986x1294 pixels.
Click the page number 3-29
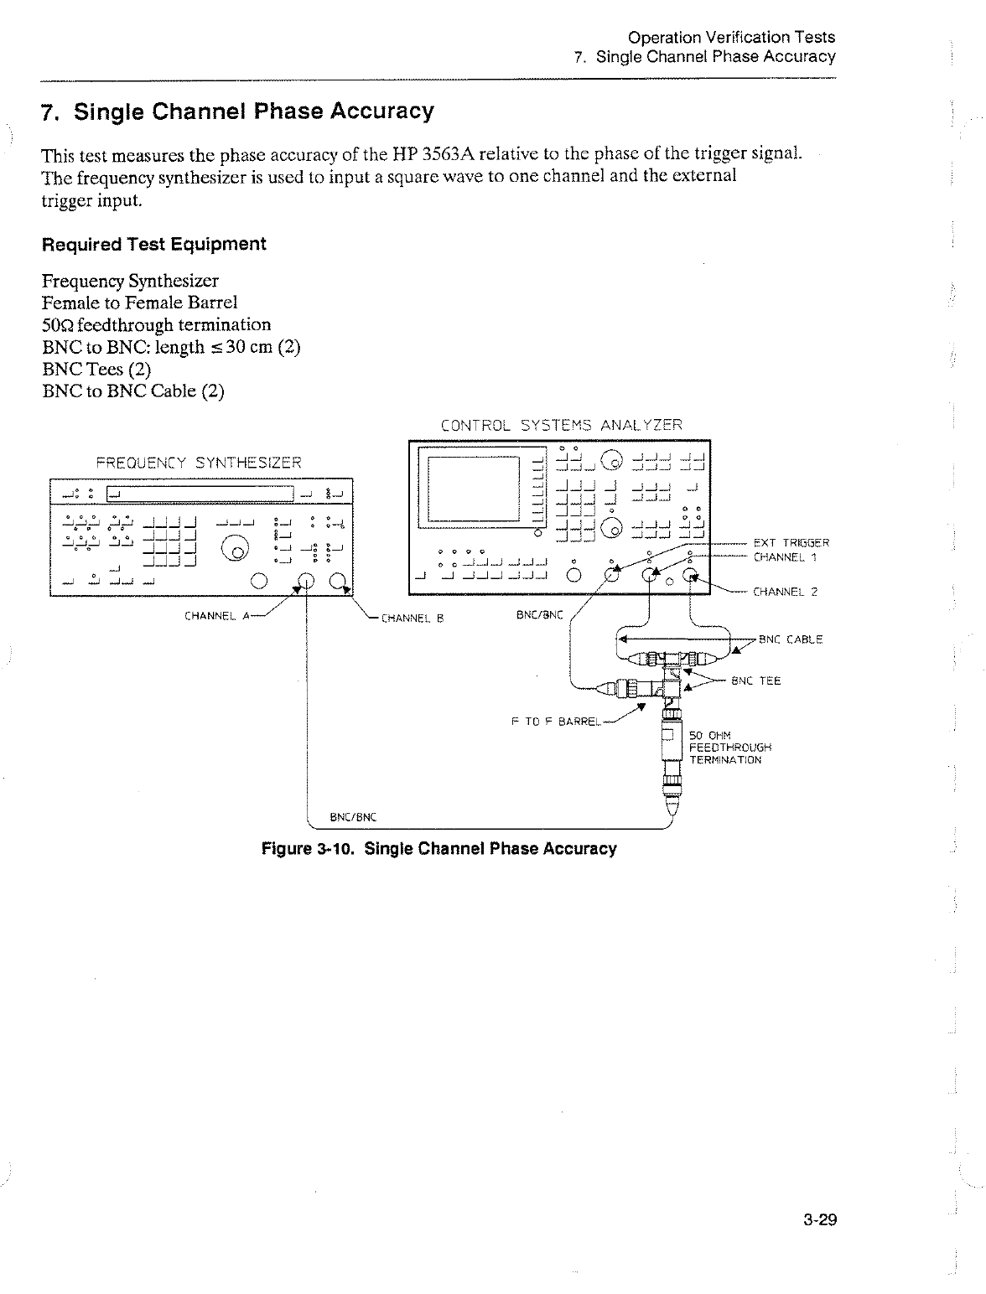tap(818, 1220)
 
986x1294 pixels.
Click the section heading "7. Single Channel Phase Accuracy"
tap(238, 111)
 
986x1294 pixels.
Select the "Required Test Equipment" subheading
tap(153, 244)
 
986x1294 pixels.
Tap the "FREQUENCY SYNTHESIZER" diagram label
tap(198, 462)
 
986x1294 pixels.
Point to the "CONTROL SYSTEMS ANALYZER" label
tap(561, 425)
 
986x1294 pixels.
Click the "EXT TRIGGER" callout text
tap(791, 542)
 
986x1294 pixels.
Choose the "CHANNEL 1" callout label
tap(785, 556)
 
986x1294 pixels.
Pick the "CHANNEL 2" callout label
tap(785, 592)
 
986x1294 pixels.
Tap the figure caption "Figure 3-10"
tap(439, 849)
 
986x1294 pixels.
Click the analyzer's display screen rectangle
tap(474, 489)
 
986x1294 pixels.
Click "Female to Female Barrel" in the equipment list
tap(139, 303)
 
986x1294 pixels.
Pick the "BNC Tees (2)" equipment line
tap(96, 369)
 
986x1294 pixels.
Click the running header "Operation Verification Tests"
tap(731, 37)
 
